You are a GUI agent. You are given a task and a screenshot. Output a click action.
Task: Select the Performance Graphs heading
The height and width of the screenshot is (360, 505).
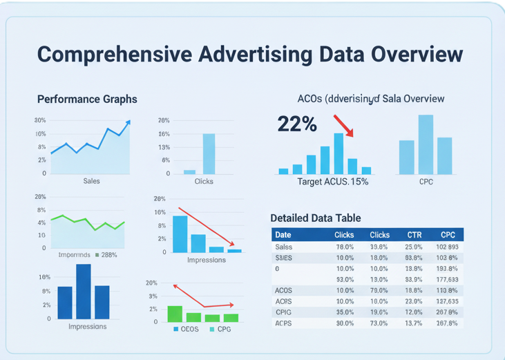87,99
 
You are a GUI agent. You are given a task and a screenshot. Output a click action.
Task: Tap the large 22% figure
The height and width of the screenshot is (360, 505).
297,124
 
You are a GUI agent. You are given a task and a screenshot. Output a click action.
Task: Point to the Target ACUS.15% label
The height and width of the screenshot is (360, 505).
332,182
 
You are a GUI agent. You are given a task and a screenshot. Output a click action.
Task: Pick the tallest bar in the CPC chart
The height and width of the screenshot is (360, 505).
426,144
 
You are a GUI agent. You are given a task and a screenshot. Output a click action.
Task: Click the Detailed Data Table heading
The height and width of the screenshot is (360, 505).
315,218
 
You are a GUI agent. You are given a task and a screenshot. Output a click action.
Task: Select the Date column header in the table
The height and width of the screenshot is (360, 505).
283,235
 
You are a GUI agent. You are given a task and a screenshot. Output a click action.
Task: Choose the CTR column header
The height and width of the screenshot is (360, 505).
413,235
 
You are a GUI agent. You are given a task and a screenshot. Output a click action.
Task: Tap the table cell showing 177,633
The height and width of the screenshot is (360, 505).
448,279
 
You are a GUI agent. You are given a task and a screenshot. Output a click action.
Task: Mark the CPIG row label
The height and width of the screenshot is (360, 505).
284,312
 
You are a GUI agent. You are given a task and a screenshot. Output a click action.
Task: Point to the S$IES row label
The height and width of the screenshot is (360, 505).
284,258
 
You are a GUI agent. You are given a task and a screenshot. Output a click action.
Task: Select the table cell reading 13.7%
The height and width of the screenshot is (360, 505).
413,323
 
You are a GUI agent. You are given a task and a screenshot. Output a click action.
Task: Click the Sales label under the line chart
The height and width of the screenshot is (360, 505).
91,181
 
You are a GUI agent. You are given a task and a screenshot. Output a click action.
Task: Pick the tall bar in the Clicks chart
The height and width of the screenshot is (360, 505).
209,153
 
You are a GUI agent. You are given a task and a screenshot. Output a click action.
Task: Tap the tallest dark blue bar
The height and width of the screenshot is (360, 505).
84,292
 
